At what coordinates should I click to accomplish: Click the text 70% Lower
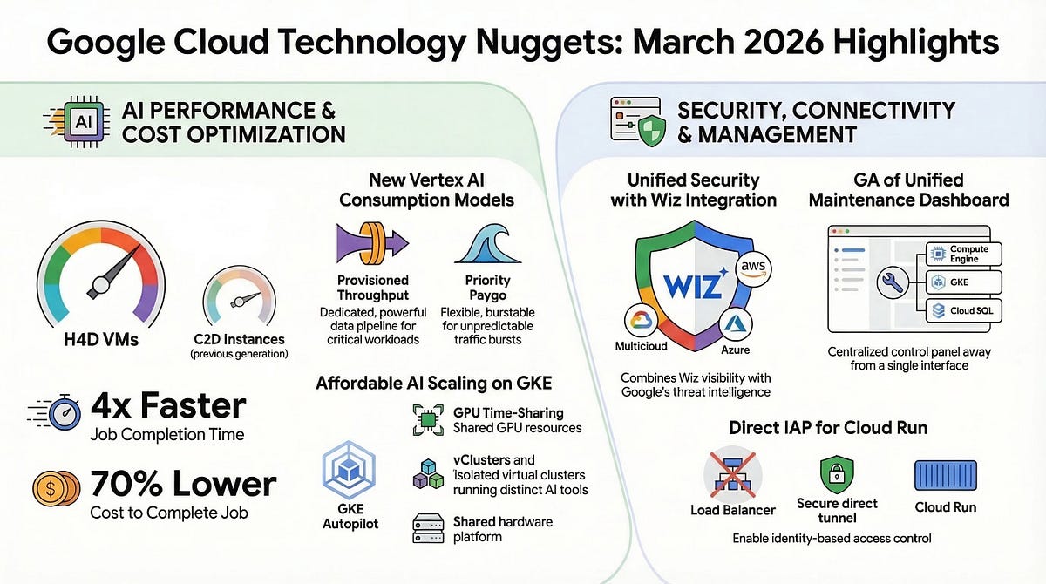183,483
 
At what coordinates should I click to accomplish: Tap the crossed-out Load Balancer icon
732,474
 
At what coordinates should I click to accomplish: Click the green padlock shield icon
837,474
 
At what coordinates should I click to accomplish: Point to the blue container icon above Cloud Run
945,474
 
